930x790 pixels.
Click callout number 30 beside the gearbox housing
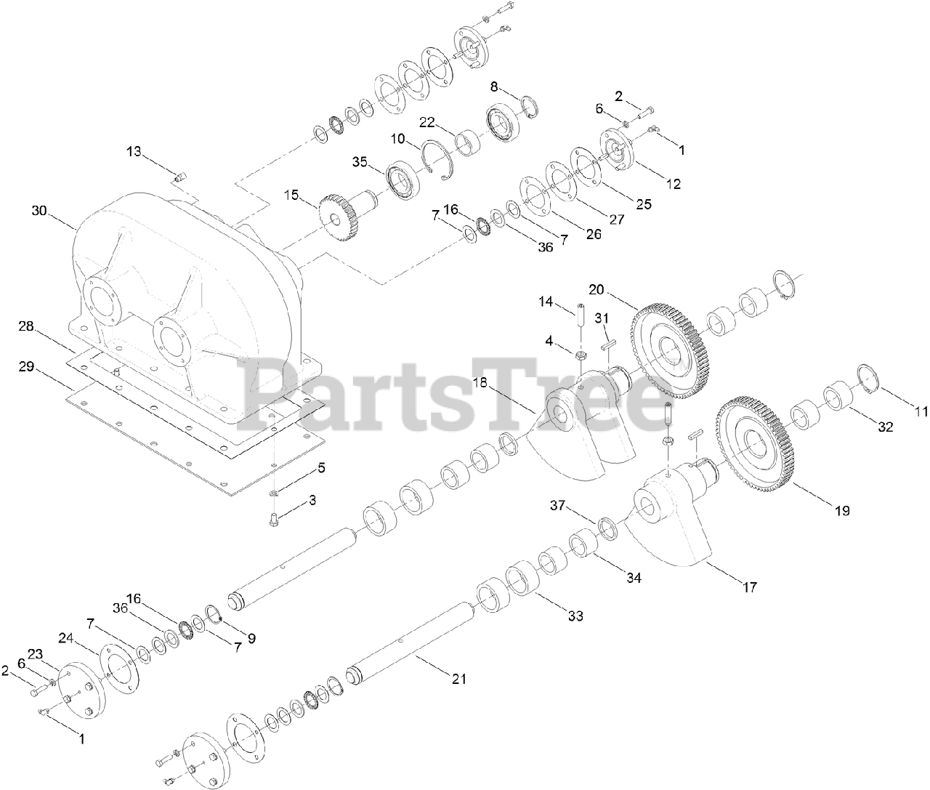click(39, 211)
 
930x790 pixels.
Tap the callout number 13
click(134, 151)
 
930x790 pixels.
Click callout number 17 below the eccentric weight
click(749, 587)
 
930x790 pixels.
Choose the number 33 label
click(575, 616)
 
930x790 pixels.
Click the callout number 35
click(360, 161)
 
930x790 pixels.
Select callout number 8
click(494, 86)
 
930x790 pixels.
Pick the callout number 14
click(546, 301)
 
